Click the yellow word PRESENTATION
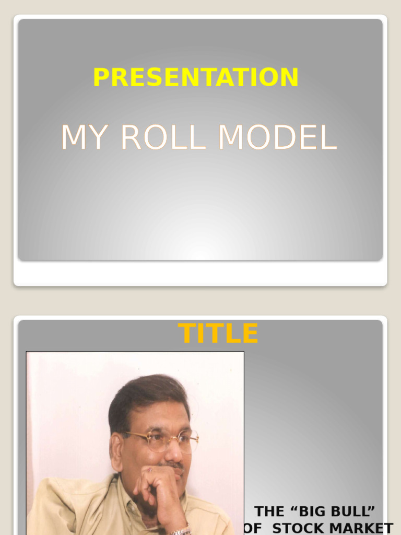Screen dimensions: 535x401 pyautogui.click(x=196, y=77)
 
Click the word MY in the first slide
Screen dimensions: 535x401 pyautogui.click(x=86, y=138)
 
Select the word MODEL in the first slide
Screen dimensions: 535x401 pyautogui.click(x=277, y=138)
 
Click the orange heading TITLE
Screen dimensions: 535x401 pyautogui.click(x=218, y=333)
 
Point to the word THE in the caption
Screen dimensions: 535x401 pyautogui.click(x=269, y=511)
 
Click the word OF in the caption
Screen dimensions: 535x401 pyautogui.click(x=253, y=528)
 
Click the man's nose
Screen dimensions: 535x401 pyautogui.click(x=173, y=451)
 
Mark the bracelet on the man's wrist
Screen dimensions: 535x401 pyautogui.click(x=181, y=531)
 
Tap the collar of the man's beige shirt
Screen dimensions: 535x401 pyautogui.click(x=121, y=496)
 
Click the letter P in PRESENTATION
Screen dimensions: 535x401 pyautogui.click(x=100, y=77)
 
